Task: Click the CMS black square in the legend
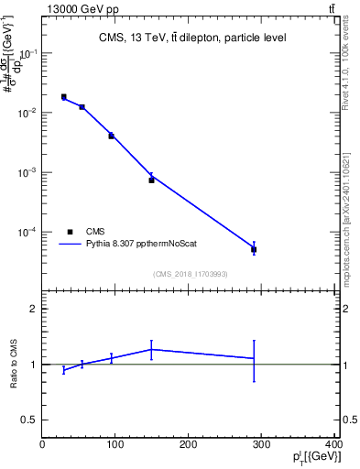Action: (71, 232)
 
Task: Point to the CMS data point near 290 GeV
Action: (254, 249)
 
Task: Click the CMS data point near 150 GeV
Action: (151, 180)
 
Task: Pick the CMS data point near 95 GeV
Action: (111, 136)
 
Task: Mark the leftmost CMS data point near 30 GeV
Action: (63, 96)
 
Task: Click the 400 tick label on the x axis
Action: (333, 444)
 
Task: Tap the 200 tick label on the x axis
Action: (188, 444)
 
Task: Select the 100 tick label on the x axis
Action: (115, 444)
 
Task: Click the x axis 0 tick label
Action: (42, 444)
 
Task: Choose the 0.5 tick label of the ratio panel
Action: (28, 420)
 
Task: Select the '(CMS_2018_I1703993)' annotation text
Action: (190, 273)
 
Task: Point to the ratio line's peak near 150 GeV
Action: (151, 349)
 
